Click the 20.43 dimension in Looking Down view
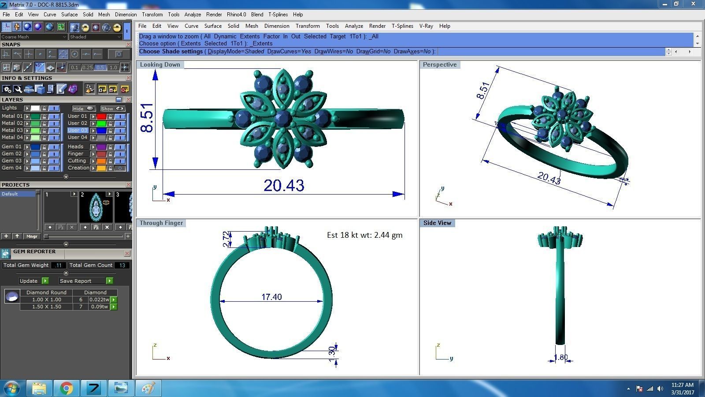284,185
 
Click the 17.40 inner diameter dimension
271,297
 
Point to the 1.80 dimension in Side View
560,357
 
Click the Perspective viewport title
439,64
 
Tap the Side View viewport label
437,223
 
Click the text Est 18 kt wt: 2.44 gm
364,235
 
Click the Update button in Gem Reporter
29,281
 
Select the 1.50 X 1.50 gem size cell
46,307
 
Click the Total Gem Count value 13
122,265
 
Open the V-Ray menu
426,26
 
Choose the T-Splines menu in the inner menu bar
402,26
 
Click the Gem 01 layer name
11,146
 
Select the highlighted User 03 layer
78,130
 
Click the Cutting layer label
77,161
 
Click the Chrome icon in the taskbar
67,388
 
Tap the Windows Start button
11,388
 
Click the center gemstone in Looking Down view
282,118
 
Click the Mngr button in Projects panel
32,236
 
